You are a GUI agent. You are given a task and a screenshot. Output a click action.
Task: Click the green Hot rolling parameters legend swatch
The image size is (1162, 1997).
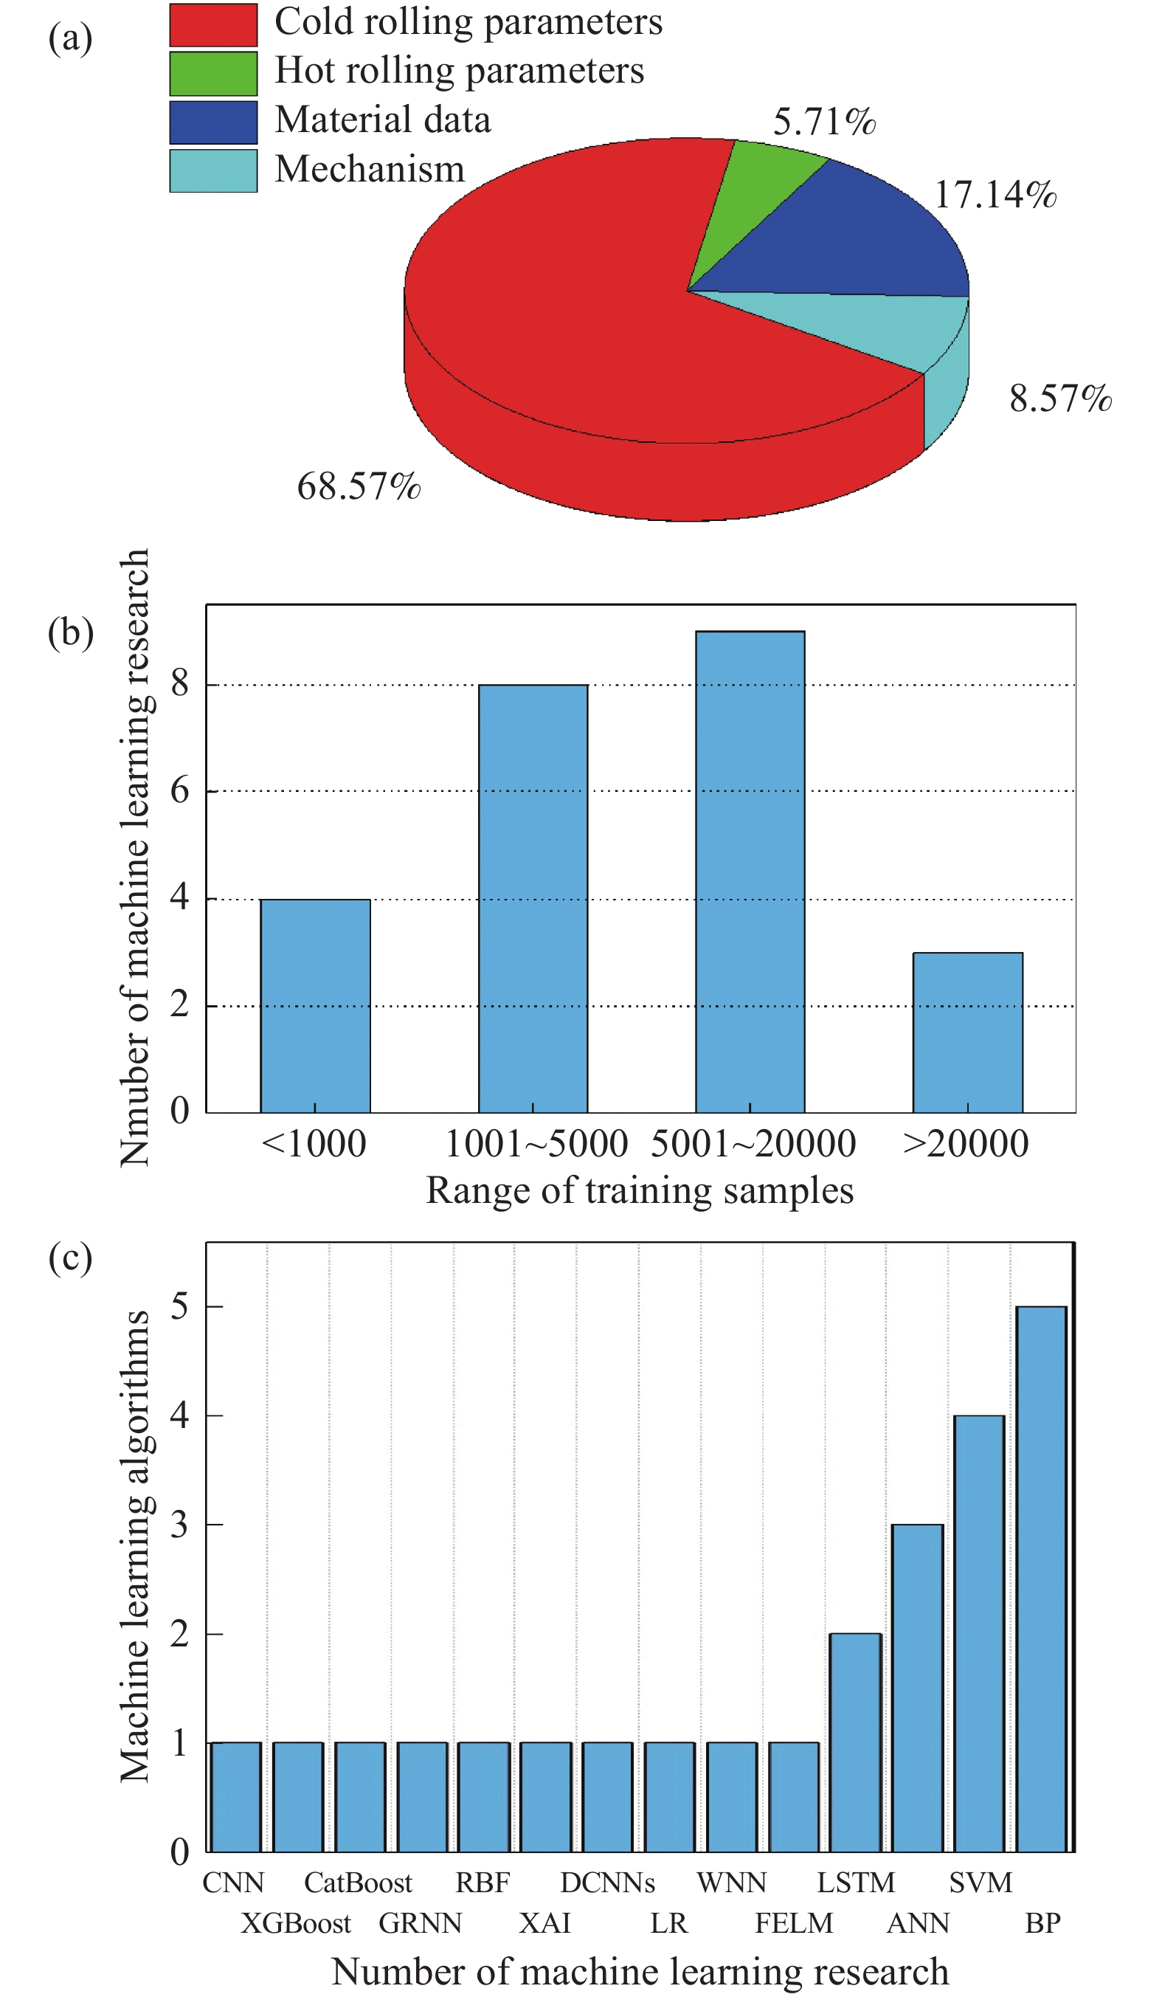(x=213, y=73)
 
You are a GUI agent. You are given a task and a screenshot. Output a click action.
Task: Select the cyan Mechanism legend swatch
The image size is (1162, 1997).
(x=213, y=170)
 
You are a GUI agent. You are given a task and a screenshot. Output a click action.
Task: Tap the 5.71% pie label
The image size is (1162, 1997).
(x=824, y=122)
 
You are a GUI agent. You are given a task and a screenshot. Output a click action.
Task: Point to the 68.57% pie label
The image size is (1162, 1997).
(x=358, y=486)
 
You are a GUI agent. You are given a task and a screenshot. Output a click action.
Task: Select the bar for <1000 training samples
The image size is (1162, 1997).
(x=315, y=1006)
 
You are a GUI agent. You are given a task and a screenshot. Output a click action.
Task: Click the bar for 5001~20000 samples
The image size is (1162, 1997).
(x=750, y=872)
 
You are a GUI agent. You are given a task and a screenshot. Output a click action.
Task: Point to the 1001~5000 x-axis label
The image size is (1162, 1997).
(x=536, y=1145)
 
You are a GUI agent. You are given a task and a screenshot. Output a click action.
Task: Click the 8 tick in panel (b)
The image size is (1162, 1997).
(x=180, y=683)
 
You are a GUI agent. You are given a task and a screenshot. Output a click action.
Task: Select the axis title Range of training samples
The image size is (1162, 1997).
(x=639, y=1191)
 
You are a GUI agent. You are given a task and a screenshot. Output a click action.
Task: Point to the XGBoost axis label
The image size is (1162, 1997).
(x=295, y=1923)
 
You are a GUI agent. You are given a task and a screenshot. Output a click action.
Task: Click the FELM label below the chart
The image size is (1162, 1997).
(x=794, y=1923)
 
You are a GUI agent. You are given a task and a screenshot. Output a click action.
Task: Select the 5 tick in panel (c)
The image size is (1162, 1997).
(x=180, y=1307)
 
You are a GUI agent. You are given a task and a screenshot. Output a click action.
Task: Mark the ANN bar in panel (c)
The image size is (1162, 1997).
(x=917, y=1688)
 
